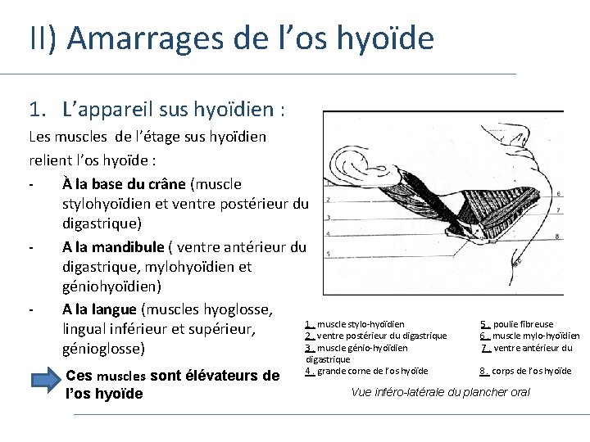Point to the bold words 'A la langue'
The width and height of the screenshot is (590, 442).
click(99, 309)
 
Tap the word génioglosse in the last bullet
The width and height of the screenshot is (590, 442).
click(103, 349)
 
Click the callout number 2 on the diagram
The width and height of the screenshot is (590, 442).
click(328, 199)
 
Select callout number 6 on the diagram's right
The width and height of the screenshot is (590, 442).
click(558, 194)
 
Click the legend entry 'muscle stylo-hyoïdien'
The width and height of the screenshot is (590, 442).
click(360, 324)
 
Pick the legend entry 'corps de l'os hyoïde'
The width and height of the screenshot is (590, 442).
click(537, 371)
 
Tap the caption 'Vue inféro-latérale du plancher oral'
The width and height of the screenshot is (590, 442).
click(440, 392)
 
